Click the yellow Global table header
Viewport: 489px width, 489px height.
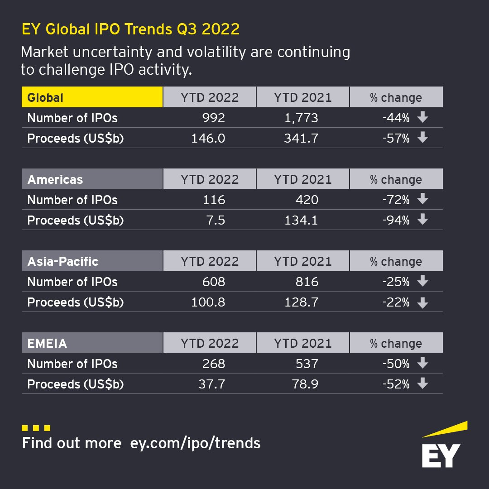point(92,97)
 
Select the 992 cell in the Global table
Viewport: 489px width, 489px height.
point(213,118)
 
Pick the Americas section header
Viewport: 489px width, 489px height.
point(92,179)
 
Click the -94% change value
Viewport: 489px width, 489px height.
point(396,221)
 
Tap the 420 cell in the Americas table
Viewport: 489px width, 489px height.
point(307,200)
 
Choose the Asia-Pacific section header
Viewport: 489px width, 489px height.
point(92,261)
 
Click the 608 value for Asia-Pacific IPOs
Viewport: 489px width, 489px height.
point(213,282)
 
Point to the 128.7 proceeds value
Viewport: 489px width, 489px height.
point(301,302)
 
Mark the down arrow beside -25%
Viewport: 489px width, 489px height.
point(422,282)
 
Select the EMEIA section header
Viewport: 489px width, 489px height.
point(92,343)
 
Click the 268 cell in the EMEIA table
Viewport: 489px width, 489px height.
point(213,364)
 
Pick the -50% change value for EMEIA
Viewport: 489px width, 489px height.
point(396,364)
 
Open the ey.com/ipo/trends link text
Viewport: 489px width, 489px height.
point(195,442)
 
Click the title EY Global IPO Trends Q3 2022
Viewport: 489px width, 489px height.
point(131,29)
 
